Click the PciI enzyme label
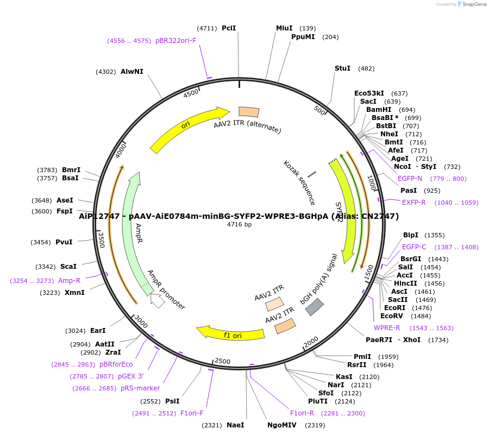point(229,28)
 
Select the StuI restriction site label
point(342,68)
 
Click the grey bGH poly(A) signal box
point(315,307)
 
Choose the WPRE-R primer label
point(387,328)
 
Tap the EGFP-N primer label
point(410,179)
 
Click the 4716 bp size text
point(239,224)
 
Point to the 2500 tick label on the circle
point(223,361)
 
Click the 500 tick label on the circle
point(319,110)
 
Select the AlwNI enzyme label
point(132,72)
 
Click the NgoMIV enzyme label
point(281,425)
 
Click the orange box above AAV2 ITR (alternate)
point(249,111)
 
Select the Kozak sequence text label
point(299,182)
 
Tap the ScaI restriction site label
point(68,267)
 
